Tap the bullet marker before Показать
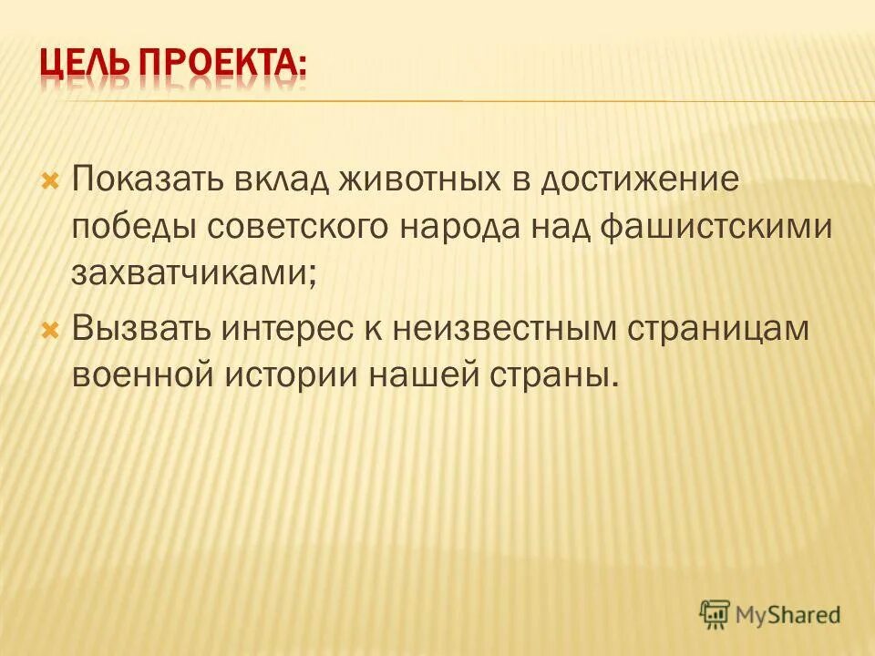pos(50,174)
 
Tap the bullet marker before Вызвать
pos(50,326)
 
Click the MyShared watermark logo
pos(770,613)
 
